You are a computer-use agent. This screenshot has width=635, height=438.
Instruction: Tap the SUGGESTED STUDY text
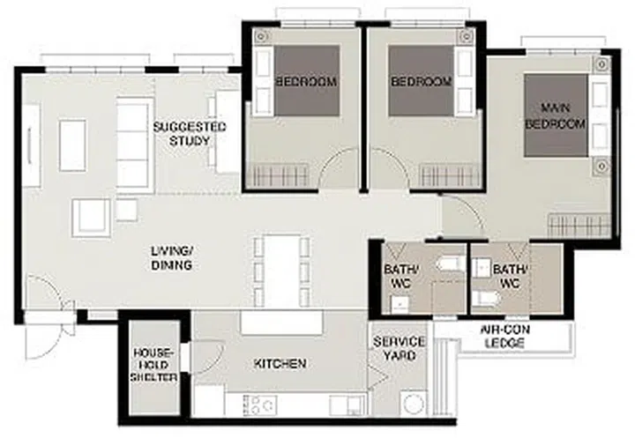coord(190,134)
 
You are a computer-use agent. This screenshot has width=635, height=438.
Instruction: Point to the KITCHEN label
coord(280,363)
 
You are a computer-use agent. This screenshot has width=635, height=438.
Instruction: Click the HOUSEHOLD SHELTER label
coord(154,363)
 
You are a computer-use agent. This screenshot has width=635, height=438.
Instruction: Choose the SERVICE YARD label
coord(399,348)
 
